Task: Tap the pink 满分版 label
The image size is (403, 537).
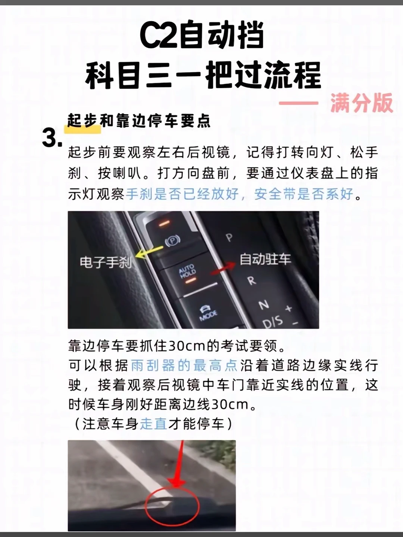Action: pyautogui.click(x=362, y=103)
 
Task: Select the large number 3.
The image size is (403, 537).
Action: pyautogui.click(x=52, y=138)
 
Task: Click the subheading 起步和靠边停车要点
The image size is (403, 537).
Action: pyautogui.click(x=139, y=120)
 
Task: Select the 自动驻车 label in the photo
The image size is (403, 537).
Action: pyautogui.click(x=265, y=259)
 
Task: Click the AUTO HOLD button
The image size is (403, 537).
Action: pyautogui.click(x=187, y=271)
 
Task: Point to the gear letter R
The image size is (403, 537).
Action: pyautogui.click(x=251, y=281)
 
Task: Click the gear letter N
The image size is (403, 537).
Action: pyautogui.click(x=264, y=305)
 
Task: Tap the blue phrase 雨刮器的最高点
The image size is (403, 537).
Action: pyautogui.click(x=184, y=366)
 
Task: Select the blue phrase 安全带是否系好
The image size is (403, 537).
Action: pyautogui.click(x=304, y=194)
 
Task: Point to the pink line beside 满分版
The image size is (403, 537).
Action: pyautogui.click(x=299, y=103)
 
